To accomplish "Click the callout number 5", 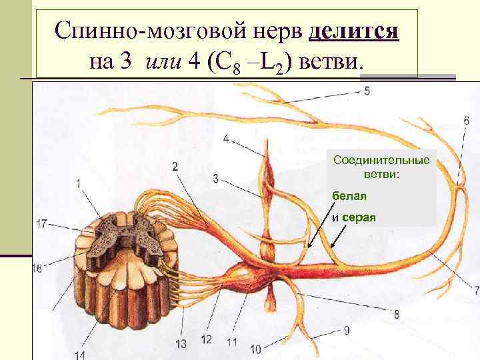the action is (x=367, y=91).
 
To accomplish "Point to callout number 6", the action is (x=465, y=121).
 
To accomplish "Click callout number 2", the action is (x=175, y=165).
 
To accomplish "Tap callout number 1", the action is (x=79, y=183).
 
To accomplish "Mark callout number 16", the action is (x=37, y=268).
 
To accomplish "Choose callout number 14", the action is (x=81, y=355).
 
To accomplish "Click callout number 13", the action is (x=181, y=344).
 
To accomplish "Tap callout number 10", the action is (x=256, y=348).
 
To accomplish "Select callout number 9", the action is (x=347, y=329).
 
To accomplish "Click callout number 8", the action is (x=397, y=313).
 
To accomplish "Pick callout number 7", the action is (x=475, y=290).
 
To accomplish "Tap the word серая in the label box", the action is (x=361, y=217).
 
